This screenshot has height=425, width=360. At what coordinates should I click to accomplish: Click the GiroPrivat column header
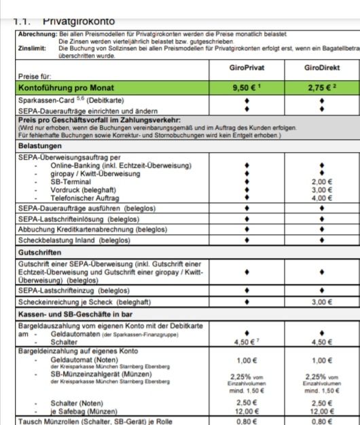246,69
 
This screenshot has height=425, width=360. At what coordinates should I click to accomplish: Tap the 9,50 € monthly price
246,88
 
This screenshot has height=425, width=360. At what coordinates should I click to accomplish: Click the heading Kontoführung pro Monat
66,88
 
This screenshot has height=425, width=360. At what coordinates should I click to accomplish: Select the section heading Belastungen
39,146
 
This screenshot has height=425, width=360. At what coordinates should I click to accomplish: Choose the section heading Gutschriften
40,252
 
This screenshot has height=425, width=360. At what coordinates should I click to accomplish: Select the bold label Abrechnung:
37,33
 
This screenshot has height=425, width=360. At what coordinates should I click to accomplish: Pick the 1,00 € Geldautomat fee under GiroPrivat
246,361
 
